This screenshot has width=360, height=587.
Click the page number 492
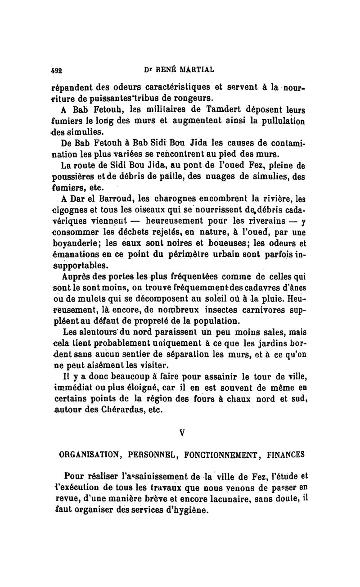(57, 71)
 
